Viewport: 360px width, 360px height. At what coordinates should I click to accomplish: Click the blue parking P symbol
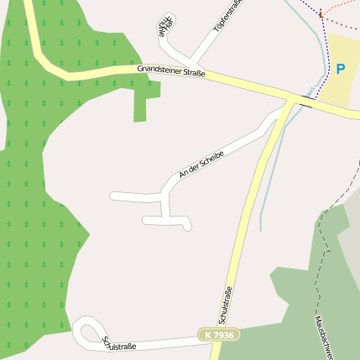point(341,70)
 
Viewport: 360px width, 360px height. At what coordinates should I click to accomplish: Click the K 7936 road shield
point(219,335)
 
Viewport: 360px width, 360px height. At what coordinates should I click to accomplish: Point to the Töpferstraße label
point(227,15)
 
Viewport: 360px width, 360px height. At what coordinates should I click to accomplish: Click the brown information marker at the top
point(321,13)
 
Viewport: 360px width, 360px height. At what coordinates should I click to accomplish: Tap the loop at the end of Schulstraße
point(87,332)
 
